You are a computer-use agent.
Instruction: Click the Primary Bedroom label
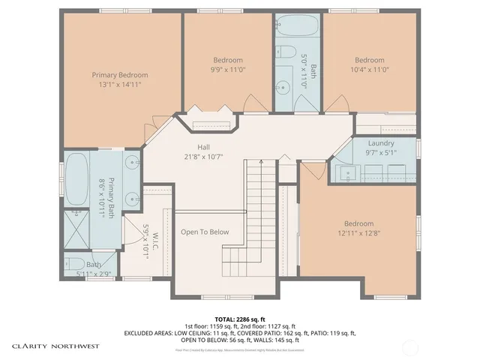coord(120,75)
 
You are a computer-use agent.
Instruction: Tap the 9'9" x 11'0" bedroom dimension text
coord(227,69)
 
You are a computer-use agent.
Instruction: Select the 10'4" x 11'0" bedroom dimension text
coord(369,69)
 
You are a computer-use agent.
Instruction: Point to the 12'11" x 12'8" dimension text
coord(358,232)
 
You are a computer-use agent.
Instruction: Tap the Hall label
coord(203,147)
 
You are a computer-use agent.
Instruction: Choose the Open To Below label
coord(205,232)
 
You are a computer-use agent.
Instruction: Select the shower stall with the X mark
coord(76,228)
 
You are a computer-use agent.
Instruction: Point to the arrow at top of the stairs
coord(259,161)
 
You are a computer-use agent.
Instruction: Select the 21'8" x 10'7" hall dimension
coord(204,156)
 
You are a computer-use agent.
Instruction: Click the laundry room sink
coord(349,173)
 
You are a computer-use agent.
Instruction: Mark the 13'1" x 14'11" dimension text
coord(120,84)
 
